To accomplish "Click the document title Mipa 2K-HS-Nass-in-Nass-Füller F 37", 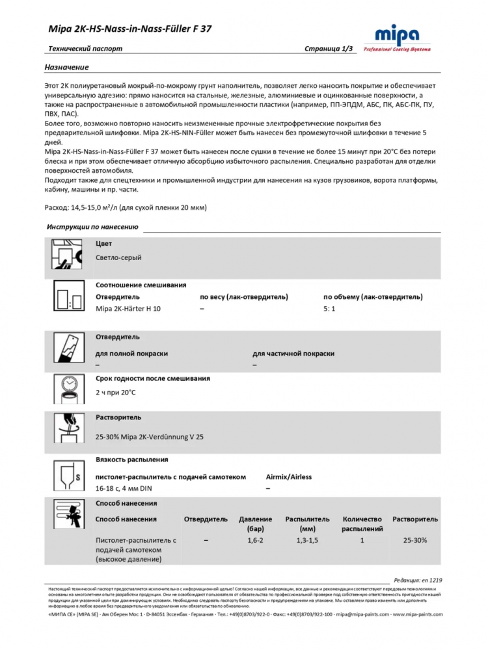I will pos(130,29).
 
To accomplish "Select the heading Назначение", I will pos(66,67).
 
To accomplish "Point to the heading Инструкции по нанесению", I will pos(92,227).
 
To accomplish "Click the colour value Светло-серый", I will pos(118,257).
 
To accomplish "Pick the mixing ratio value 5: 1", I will pos(329,309).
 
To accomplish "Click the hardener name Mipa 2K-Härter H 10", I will pos(128,309).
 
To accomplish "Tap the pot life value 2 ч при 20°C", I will pos(116,392).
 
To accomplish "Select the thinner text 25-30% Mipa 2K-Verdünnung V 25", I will pos(150,437).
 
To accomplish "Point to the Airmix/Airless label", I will pos(289,476).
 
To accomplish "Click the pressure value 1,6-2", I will pos(247,540).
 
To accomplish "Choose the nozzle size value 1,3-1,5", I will pos(307,540).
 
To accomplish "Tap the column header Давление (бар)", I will pos(247,524).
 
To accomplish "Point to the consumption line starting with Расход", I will pos(126,208).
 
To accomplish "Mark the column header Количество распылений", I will pos(362,524).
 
